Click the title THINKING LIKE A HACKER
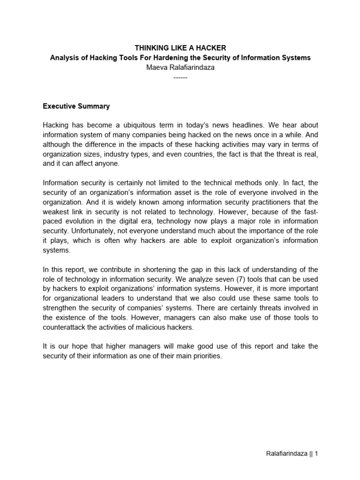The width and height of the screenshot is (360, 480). [180, 48]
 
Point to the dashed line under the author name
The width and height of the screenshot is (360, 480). [180, 77]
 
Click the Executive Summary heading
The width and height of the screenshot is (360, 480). [76, 106]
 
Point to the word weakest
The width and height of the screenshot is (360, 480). [56, 211]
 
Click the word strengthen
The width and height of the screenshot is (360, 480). [60, 308]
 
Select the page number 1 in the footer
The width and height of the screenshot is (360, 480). [316, 454]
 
